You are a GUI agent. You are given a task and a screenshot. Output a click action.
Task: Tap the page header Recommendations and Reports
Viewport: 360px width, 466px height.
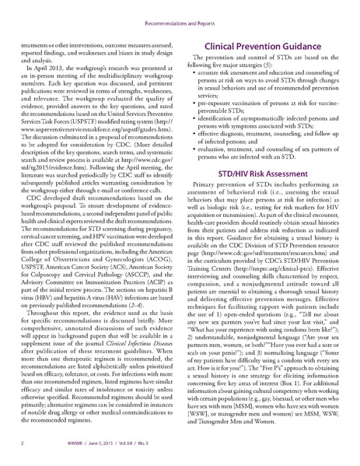[x=180, y=13]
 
